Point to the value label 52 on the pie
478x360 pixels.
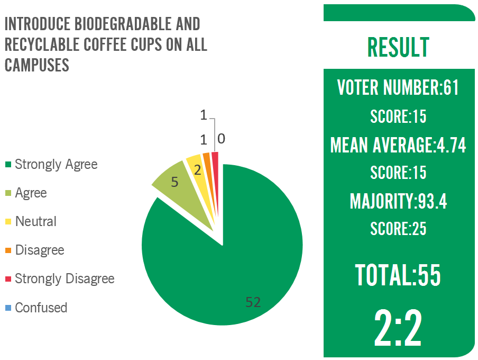[253, 302]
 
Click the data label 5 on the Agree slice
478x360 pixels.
[175, 182]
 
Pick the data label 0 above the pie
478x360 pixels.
[222, 139]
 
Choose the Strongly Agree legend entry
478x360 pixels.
[56, 164]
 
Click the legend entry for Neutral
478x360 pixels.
[35, 221]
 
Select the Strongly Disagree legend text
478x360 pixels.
[64, 278]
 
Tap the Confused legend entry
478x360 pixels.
[41, 307]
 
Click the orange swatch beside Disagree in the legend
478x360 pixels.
[8, 250]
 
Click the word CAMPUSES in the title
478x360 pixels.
[37, 65]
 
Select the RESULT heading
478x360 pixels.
[398, 47]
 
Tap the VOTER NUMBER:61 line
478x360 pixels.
[398, 87]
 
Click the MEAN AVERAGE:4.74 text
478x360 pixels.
[398, 145]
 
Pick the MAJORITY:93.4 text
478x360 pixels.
[398, 201]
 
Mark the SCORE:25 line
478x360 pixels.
[398, 229]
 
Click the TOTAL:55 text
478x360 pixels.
[398, 275]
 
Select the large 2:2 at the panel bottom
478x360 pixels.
[398, 328]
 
